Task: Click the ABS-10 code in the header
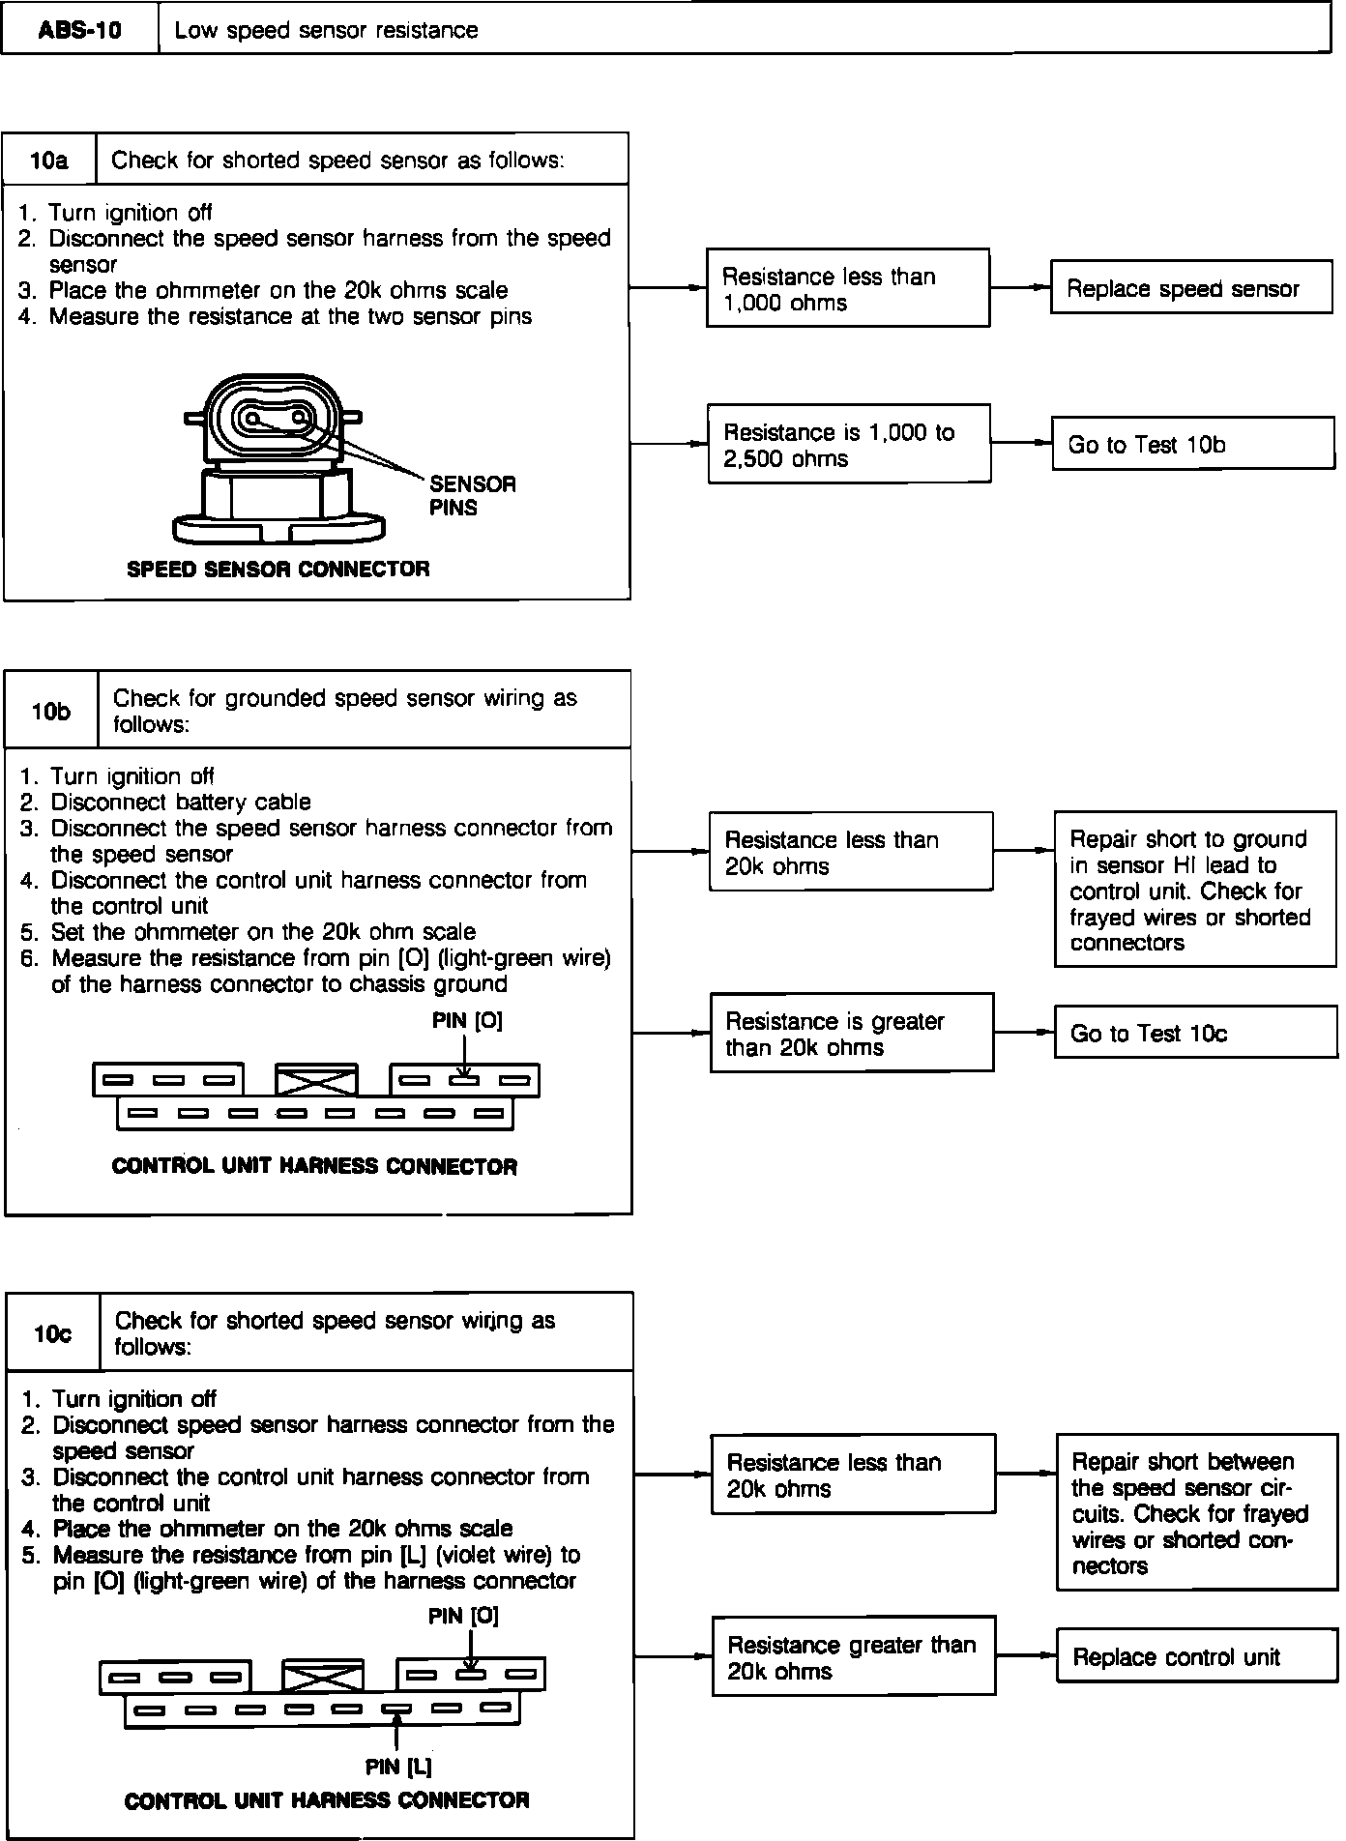(80, 30)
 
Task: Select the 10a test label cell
(49, 160)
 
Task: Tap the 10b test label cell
(51, 712)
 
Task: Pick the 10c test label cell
(53, 1334)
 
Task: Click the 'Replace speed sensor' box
(1191, 288)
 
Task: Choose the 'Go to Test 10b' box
(1192, 445)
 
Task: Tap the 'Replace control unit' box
(1197, 1657)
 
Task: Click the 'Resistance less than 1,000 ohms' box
(848, 289)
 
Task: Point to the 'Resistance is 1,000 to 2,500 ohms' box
(849, 445)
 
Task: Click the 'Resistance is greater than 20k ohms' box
(851, 1034)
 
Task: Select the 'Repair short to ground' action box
(1195, 891)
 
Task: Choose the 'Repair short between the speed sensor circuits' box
(1197, 1513)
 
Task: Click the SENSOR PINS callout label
(472, 495)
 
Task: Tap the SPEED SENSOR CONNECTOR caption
(278, 569)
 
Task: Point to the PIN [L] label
(398, 1767)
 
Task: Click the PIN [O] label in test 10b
(467, 1020)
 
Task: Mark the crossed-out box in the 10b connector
(316, 1081)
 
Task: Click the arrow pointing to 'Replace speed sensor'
(1021, 288)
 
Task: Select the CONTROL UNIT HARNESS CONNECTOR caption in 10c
(327, 1800)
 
